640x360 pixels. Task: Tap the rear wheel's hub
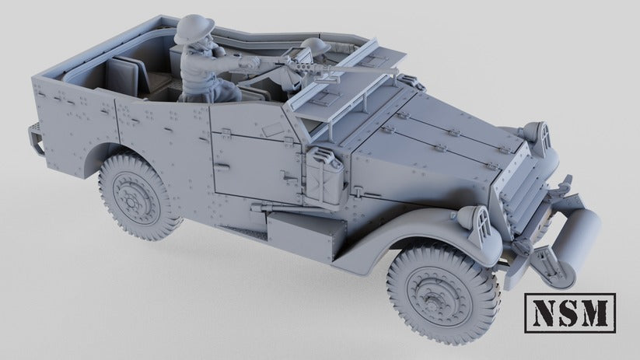pos(135,194)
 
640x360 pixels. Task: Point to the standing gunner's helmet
pos(191,31)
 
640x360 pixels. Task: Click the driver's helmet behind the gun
pos(315,47)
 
